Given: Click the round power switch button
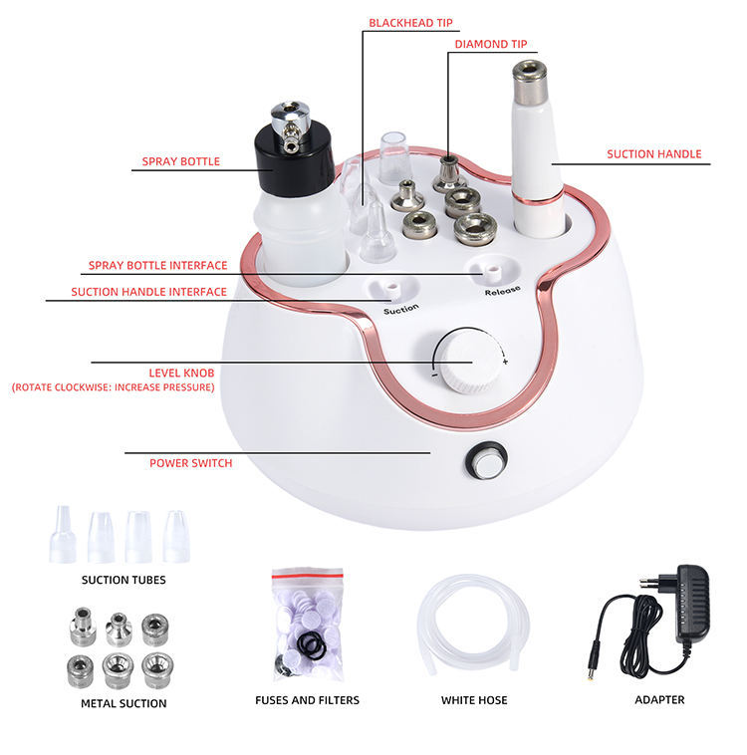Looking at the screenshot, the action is (486, 461).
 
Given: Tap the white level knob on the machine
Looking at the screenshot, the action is (466, 362).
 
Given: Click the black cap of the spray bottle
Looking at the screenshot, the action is (294, 158).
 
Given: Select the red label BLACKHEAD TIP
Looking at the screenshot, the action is (410, 23).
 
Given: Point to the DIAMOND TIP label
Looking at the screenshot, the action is (490, 44).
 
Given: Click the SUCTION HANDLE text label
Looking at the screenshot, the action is (653, 154).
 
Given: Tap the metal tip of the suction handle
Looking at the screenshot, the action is (529, 81).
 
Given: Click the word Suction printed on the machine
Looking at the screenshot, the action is (400, 309).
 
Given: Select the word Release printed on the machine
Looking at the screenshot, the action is (502, 291).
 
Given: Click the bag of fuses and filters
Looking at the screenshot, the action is (308, 625).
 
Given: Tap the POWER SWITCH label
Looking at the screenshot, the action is (190, 463).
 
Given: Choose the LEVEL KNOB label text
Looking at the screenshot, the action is (181, 373).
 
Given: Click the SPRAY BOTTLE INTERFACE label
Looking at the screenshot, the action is (157, 265).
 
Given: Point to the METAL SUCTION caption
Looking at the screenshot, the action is (124, 703).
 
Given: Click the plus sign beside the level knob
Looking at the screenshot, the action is (505, 362).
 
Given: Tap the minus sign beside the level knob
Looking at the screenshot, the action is (434, 375).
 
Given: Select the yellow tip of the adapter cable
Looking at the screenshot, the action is (590, 677).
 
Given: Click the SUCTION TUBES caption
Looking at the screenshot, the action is (124, 580).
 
